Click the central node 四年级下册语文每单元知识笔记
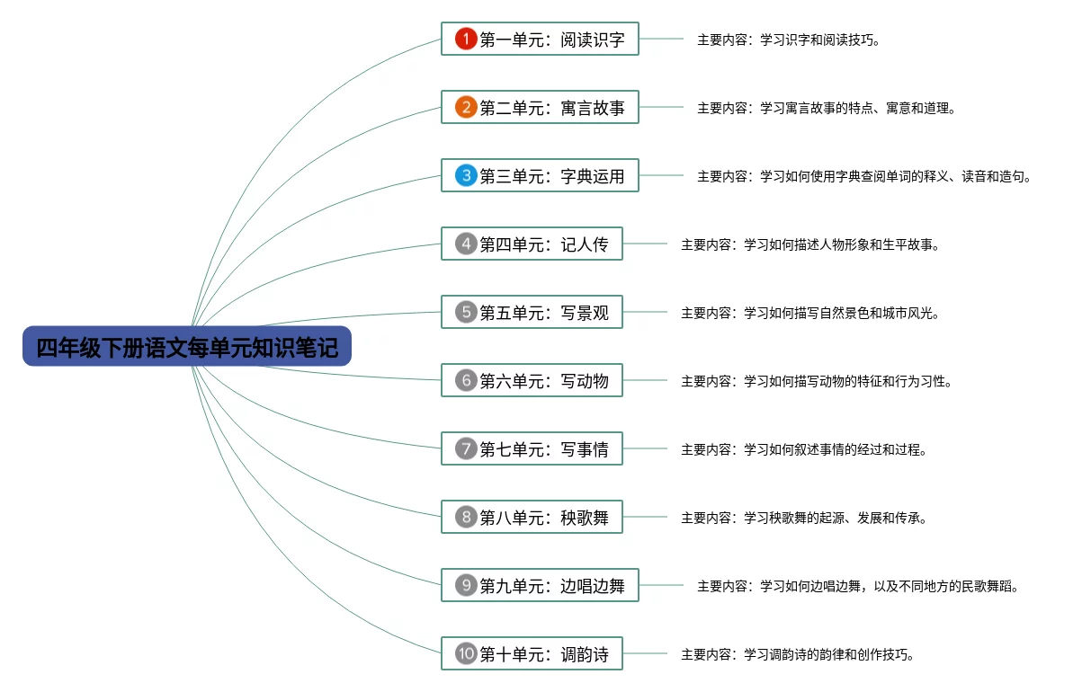tap(187, 347)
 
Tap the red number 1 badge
tap(465, 40)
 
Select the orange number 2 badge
tap(465, 108)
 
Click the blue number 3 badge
tap(465, 176)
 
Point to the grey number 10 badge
tap(465, 654)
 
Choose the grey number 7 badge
tap(465, 449)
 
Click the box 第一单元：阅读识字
tap(540, 40)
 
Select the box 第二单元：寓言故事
tap(540, 108)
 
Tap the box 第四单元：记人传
tap(532, 244)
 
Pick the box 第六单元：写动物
tap(532, 381)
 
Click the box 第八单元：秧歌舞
tap(532, 518)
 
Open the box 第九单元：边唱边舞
tap(540, 586)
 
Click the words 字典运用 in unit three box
tap(592, 176)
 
